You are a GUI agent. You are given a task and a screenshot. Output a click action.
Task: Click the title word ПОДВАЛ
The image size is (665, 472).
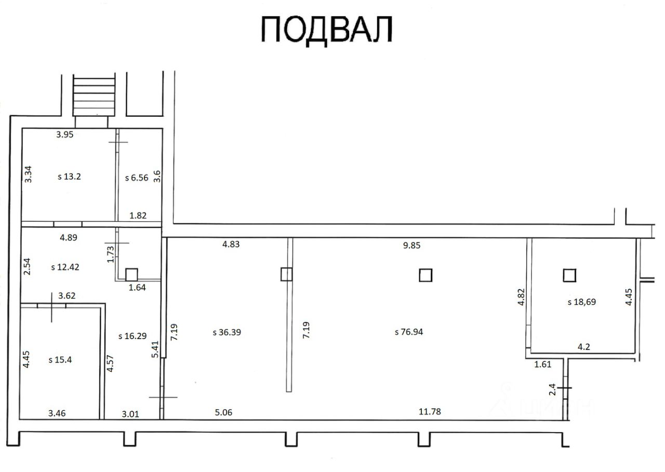coord(326,29)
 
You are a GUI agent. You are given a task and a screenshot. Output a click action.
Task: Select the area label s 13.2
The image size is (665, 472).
coord(69,176)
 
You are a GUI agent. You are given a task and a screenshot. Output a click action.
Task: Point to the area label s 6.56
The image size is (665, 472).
coord(137,177)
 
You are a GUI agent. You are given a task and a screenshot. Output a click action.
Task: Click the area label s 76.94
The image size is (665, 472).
coord(409,332)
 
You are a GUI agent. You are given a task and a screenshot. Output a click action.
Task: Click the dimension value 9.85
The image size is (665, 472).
coord(411,246)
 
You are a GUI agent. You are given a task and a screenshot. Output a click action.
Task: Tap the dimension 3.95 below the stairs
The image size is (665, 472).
coord(65,134)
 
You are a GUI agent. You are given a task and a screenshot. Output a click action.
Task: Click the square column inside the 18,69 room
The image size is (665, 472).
coord(570,275)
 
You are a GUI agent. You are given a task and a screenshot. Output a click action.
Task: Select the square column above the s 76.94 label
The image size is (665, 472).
coord(425,275)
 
